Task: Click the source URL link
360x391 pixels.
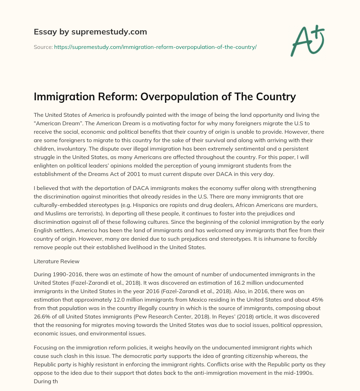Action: tap(155, 47)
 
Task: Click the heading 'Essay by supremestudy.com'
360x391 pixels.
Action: tap(90, 32)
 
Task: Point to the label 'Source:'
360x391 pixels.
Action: tap(43, 47)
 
